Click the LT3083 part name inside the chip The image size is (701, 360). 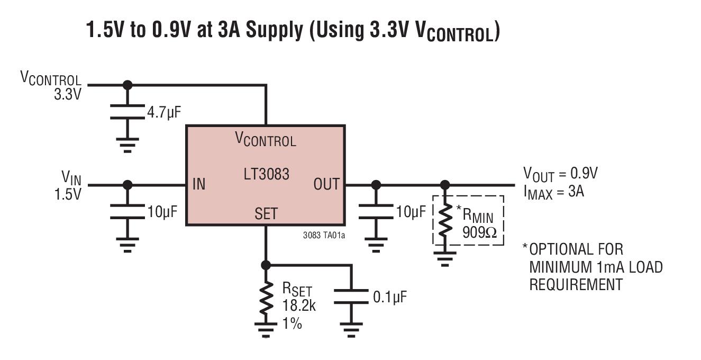coord(266,174)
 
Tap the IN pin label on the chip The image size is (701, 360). coord(198,185)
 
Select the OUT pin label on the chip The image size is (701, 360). coord(326,185)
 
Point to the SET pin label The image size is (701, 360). coord(266,214)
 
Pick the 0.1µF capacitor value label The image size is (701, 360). coord(390,297)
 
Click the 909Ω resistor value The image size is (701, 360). coord(479,232)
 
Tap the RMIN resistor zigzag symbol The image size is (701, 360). coord(445,220)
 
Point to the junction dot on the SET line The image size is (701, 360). coord(266,265)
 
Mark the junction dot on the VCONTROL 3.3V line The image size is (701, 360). coord(127,85)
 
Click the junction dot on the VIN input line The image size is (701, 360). coord(127,185)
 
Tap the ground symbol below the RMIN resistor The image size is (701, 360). coord(445,259)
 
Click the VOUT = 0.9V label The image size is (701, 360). coord(560,173)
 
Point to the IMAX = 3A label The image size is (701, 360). coord(553,191)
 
